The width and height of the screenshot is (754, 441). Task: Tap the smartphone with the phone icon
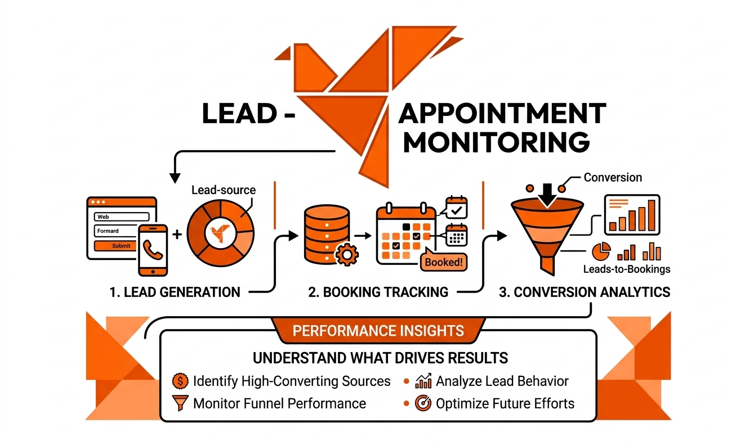(153, 250)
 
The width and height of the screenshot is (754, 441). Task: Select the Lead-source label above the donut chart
(223, 190)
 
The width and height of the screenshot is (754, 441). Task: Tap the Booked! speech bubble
(443, 262)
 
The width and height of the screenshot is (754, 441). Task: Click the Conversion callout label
(612, 178)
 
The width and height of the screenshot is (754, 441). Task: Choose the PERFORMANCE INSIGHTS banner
(378, 330)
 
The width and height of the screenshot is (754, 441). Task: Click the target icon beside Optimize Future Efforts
(423, 403)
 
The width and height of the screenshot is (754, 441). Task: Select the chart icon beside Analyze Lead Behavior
(423, 381)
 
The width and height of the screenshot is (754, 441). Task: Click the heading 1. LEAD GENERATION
(175, 292)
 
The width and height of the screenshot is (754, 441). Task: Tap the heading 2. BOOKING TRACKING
(378, 292)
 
